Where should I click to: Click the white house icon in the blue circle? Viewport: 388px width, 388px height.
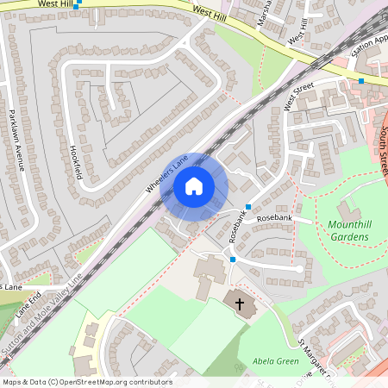(x=194, y=185)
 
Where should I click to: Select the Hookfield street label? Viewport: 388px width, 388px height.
(x=76, y=160)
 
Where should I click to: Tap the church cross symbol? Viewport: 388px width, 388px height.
(x=239, y=304)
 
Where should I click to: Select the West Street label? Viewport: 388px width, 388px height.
(x=298, y=97)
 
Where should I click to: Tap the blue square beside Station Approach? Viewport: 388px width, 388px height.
(x=361, y=81)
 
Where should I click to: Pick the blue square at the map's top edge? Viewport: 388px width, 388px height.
(x=78, y=3)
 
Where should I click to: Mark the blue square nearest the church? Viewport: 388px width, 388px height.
(x=232, y=259)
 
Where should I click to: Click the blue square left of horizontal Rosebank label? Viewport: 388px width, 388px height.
(x=247, y=207)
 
